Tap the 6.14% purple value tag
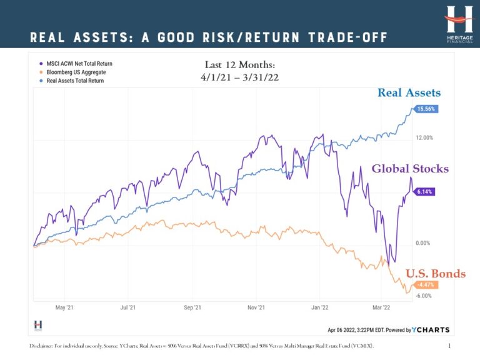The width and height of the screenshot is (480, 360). coord(424,192)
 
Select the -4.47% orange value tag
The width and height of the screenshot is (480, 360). coord(424,284)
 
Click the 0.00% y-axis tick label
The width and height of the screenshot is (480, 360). coord(423,243)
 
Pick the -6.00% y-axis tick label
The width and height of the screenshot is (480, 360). coord(424,296)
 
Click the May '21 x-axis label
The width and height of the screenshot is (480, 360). coord(64,307)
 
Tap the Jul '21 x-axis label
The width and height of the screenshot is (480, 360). coord(128,307)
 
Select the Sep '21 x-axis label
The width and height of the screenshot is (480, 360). coord(192,307)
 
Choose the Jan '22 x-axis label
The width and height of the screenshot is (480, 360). coord(320,307)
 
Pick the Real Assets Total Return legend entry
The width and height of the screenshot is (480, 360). coord(74,81)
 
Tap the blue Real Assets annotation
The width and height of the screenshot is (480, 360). coord(409,93)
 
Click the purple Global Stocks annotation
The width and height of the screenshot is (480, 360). coord(410,169)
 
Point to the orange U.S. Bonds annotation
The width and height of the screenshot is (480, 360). coord(435,273)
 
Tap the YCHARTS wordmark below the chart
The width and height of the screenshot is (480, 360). coord(431,329)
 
